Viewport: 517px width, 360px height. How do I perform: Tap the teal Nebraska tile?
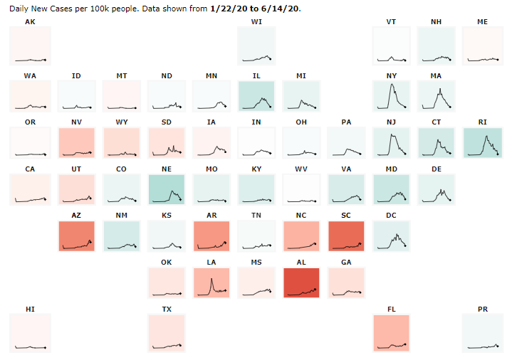[166, 189]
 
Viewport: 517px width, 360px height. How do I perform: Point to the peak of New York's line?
[390, 85]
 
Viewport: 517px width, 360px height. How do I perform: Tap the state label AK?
[30, 22]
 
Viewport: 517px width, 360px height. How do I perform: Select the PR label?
[483, 309]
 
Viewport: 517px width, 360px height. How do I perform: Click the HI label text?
[30, 309]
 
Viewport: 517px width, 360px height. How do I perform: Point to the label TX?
[167, 309]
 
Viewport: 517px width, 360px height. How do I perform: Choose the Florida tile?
[391, 332]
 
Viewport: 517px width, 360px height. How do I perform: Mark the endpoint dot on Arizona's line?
[91, 241]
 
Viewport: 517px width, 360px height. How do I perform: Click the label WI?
[256, 22]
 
